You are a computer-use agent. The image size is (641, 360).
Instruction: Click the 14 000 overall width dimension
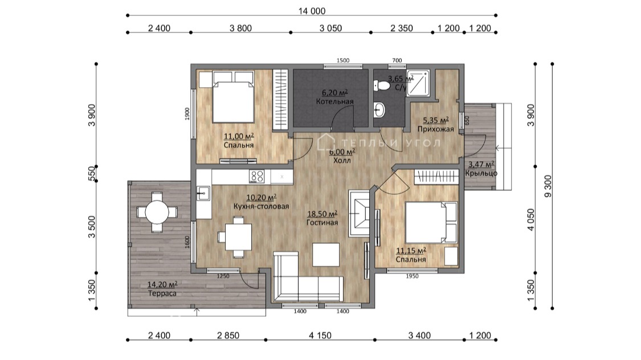[x=312, y=11]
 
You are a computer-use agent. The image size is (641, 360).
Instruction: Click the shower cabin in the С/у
[x=418, y=83]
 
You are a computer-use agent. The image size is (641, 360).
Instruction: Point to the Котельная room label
[x=335, y=101]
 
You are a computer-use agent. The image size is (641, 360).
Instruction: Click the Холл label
[x=342, y=161]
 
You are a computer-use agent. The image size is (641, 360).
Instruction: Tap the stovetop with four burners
[x=257, y=177]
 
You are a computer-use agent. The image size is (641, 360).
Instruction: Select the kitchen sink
[x=203, y=193]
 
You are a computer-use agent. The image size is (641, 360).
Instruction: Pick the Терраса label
[x=162, y=293]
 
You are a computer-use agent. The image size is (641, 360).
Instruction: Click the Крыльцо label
[x=481, y=173]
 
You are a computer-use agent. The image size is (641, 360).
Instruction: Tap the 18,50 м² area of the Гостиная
[x=322, y=214]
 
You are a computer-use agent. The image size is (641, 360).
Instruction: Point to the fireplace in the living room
[x=360, y=213]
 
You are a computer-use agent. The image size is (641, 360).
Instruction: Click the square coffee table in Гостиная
[x=326, y=255]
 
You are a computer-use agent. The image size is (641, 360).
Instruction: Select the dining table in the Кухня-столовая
[x=238, y=237]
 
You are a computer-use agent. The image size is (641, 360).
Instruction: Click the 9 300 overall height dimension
[x=548, y=186]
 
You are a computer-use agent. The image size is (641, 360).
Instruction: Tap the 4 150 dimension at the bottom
[x=320, y=336]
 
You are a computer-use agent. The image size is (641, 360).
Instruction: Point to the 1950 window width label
[x=412, y=276]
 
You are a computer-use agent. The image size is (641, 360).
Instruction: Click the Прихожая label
[x=436, y=129]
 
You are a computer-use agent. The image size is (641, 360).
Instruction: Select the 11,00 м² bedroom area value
[x=239, y=136]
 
